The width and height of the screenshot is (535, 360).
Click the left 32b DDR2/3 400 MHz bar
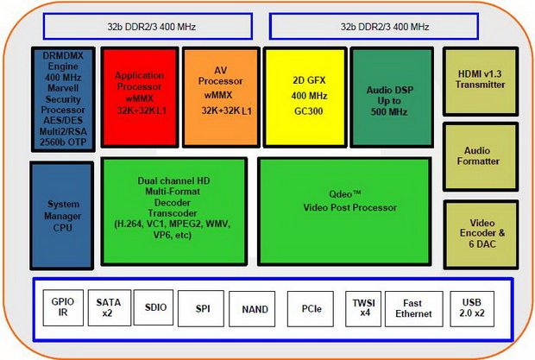coord(142,26)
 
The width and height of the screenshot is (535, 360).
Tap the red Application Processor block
coord(139,98)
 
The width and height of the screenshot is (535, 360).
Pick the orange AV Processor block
coord(220,98)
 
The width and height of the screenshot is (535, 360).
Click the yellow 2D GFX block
coord(303,98)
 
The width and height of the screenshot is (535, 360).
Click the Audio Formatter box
coord(481,156)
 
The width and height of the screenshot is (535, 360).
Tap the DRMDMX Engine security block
coord(62,98)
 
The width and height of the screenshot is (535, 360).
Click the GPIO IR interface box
coord(62,308)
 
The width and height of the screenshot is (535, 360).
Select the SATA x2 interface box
coord(107,308)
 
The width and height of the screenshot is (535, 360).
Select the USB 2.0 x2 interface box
coord(472,308)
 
